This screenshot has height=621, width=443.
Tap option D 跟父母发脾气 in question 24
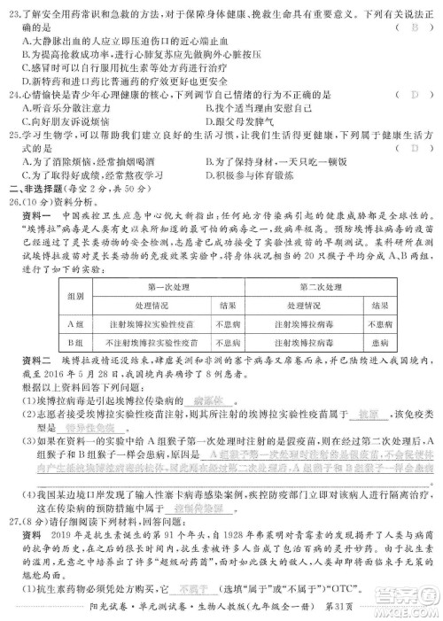pyautogui.click(x=231, y=120)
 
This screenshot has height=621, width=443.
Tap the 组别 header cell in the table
pyautogui.click(x=74, y=296)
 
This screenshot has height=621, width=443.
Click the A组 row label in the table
pyautogui.click(x=74, y=324)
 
